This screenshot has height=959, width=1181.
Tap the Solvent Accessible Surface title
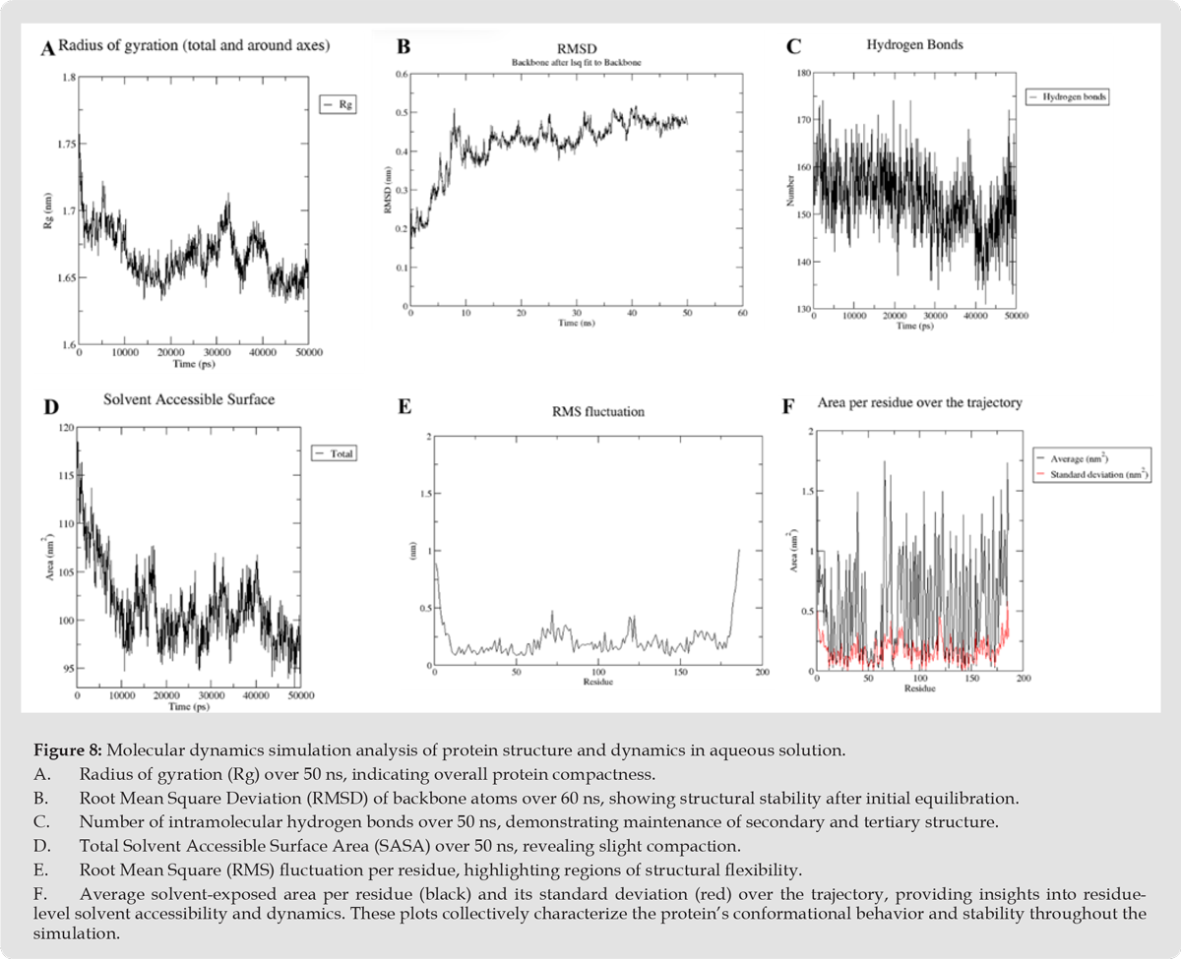pyautogui.click(x=189, y=399)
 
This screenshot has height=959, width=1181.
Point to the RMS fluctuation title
pyautogui.click(x=598, y=411)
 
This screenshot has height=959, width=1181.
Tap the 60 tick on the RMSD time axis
pyautogui.click(x=742, y=313)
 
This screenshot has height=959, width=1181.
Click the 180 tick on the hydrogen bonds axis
pyautogui.click(x=802, y=73)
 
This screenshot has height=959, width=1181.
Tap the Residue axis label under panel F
pyautogui.click(x=919, y=689)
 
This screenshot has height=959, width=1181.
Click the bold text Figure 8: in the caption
pyautogui.click(x=80, y=749)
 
